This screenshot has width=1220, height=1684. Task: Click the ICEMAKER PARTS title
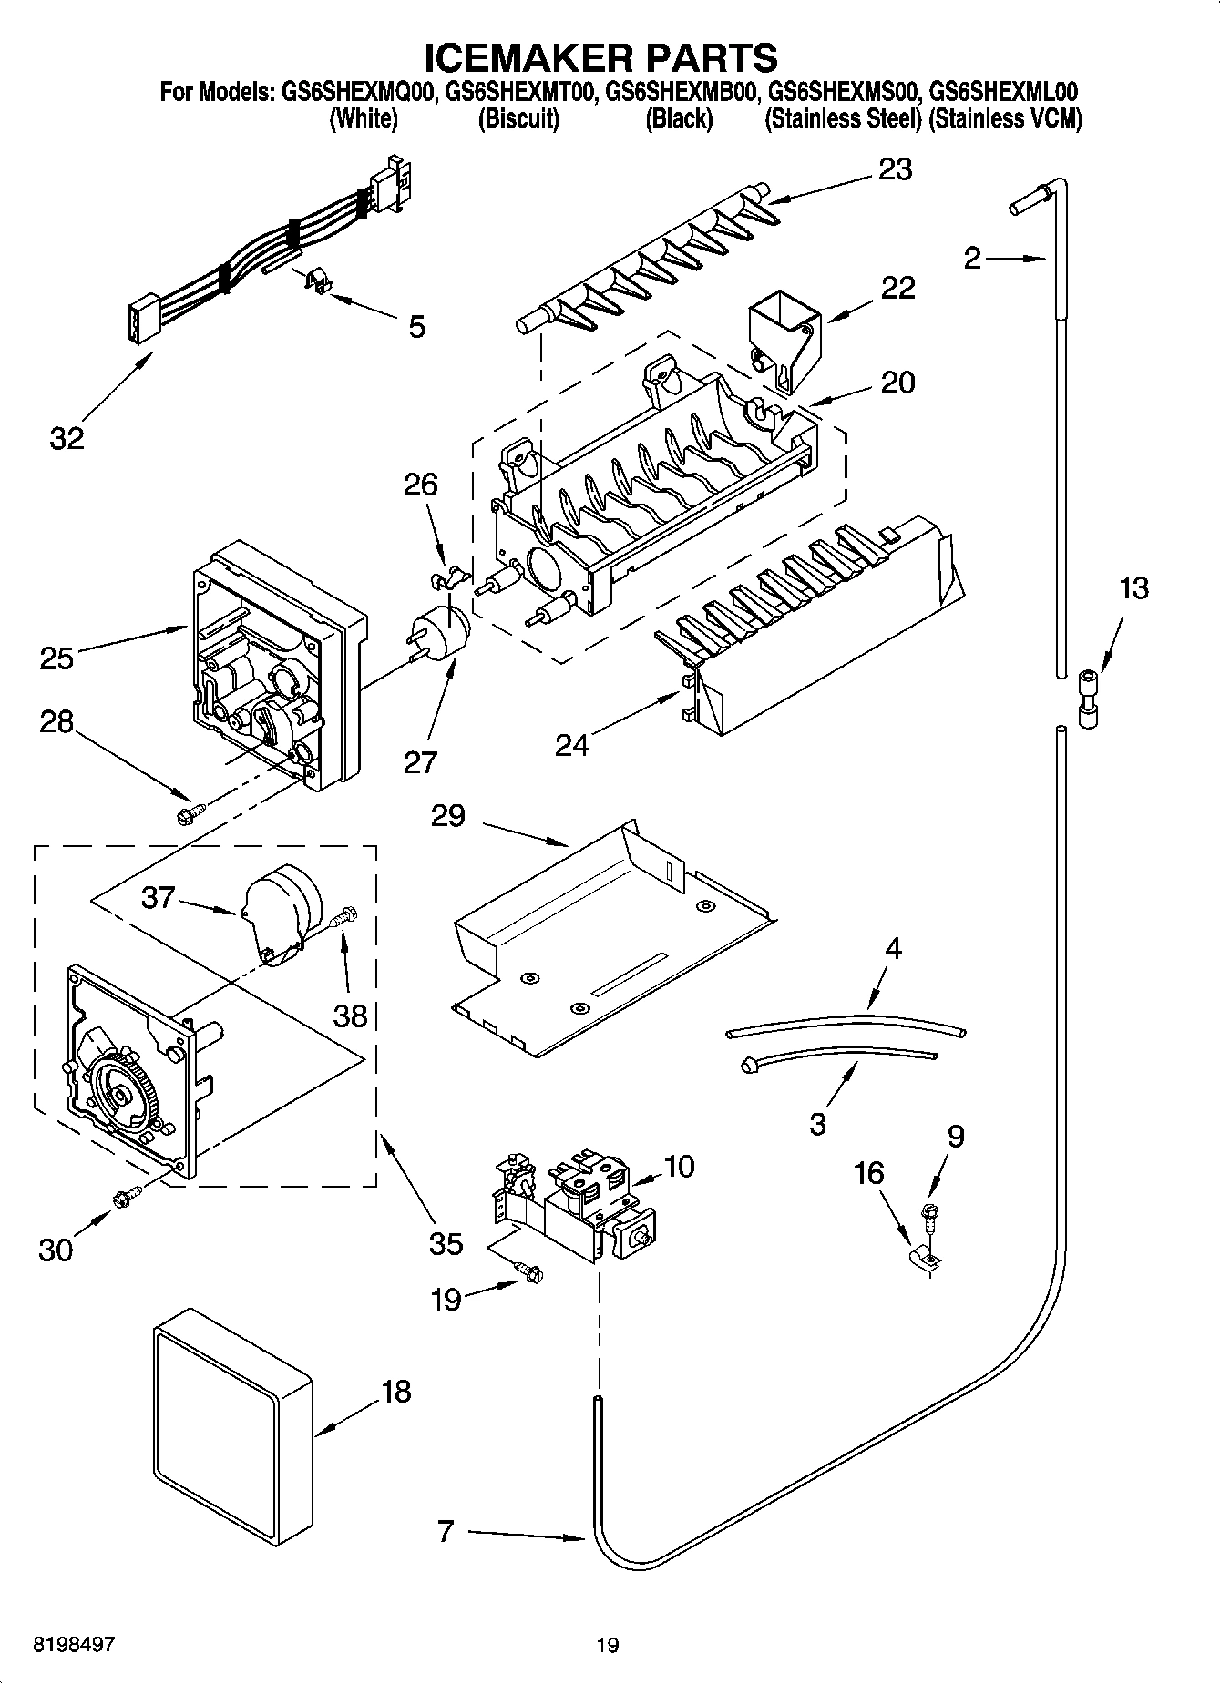600,56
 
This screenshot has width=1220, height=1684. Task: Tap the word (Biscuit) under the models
518,119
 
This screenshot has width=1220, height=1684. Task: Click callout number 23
895,169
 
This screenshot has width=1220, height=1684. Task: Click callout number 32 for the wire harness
67,437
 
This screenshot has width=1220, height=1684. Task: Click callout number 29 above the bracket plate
447,815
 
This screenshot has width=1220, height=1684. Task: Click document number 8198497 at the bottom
74,1644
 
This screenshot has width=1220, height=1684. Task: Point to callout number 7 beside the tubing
445,1532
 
